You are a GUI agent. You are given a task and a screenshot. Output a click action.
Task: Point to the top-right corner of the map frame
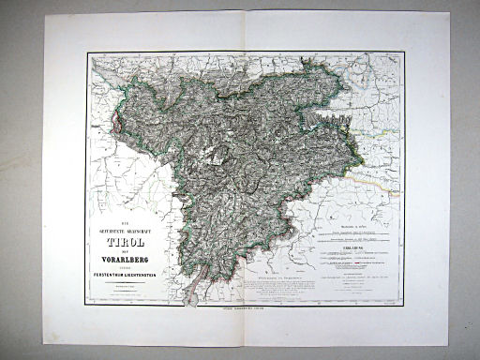point(405,52)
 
